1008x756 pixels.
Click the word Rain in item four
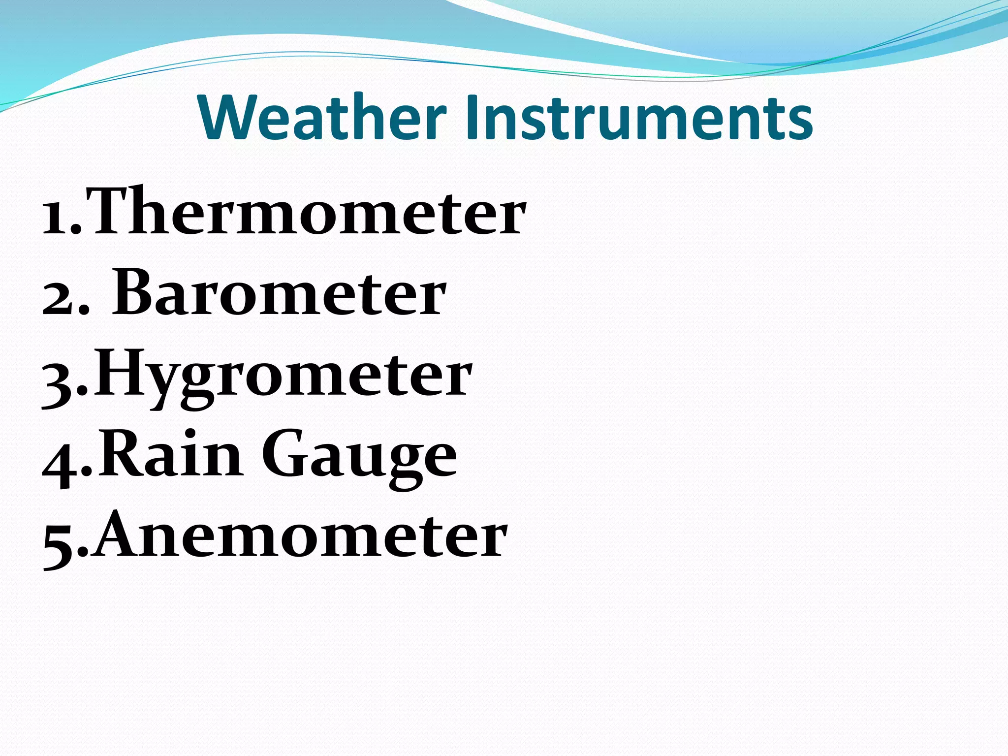click(x=170, y=455)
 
